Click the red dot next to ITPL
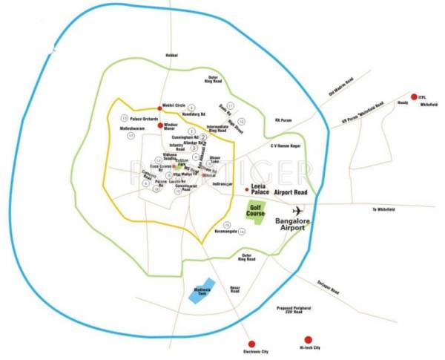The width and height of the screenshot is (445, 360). (x=413, y=97)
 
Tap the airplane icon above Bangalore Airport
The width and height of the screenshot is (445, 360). (x=299, y=210)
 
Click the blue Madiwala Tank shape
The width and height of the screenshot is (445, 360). (x=202, y=291)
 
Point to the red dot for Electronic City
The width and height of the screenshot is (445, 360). (x=251, y=344)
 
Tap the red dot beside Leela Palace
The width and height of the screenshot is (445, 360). (x=247, y=190)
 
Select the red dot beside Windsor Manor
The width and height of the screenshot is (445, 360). (x=159, y=125)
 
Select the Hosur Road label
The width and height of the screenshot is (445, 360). (x=235, y=289)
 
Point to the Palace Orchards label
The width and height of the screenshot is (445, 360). (x=145, y=118)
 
